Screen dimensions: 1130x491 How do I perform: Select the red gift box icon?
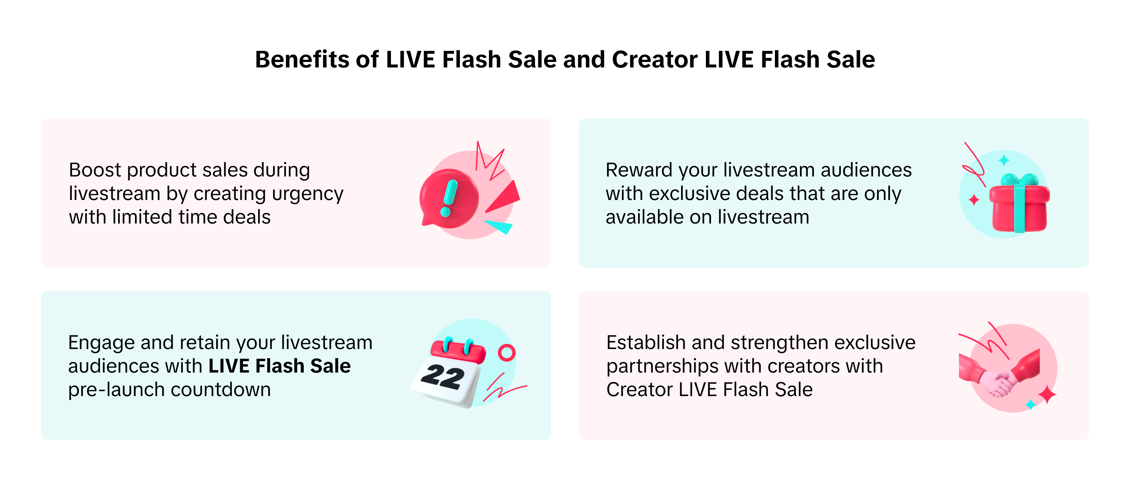pyautogui.click(x=1019, y=204)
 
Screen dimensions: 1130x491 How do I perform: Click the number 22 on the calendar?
pyautogui.click(x=443, y=376)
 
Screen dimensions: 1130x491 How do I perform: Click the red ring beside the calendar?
pyautogui.click(x=507, y=353)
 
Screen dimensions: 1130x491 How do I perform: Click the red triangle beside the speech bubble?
pyautogui.click(x=505, y=198)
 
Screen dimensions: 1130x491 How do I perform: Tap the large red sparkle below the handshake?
pyautogui.click(x=1048, y=395)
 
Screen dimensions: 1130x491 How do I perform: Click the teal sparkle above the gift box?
pyautogui.click(x=1004, y=160)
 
